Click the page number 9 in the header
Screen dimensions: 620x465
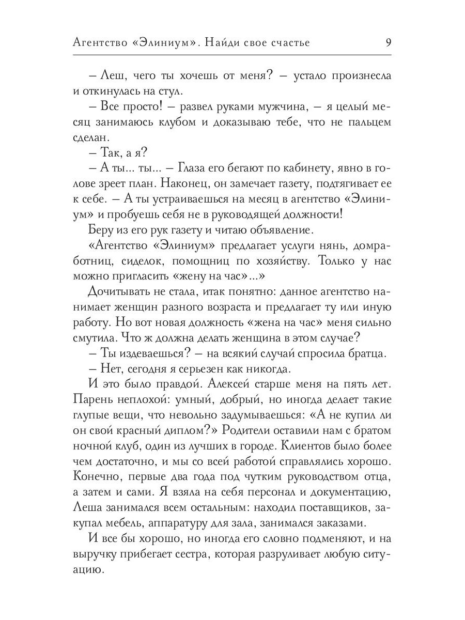[x=388, y=42]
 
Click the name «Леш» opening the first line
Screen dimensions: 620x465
[x=108, y=76]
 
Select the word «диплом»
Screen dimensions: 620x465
[x=181, y=416]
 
